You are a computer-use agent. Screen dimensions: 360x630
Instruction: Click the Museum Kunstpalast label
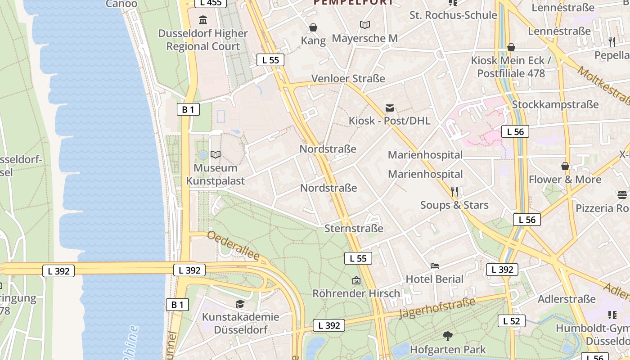(x=216, y=174)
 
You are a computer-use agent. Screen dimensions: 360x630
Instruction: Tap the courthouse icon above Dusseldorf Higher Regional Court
(x=203, y=20)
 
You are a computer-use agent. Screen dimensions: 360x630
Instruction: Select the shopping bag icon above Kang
(x=313, y=28)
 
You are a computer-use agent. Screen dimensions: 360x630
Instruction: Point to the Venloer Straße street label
(x=349, y=78)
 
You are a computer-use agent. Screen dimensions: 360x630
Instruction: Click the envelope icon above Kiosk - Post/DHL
(x=390, y=108)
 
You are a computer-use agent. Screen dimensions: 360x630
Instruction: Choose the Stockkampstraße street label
(x=555, y=104)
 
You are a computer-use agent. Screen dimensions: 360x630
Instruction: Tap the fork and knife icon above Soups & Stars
(x=454, y=192)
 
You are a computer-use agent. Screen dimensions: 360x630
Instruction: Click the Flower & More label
(x=565, y=180)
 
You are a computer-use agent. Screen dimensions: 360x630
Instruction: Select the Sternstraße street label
(x=354, y=228)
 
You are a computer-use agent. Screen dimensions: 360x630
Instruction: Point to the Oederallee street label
(x=234, y=246)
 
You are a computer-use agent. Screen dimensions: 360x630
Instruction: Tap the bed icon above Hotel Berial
(x=434, y=266)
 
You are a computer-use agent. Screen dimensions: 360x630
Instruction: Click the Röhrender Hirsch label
(x=356, y=293)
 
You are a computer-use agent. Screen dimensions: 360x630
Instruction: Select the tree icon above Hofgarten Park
(x=447, y=336)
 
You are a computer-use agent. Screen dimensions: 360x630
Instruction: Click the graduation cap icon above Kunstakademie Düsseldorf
(x=240, y=304)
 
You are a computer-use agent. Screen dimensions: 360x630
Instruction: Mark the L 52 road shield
(x=512, y=321)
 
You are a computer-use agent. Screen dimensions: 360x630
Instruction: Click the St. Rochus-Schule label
(x=453, y=15)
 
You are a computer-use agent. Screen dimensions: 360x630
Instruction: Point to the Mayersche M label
(x=365, y=38)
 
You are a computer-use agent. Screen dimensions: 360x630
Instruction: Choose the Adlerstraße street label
(x=567, y=299)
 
